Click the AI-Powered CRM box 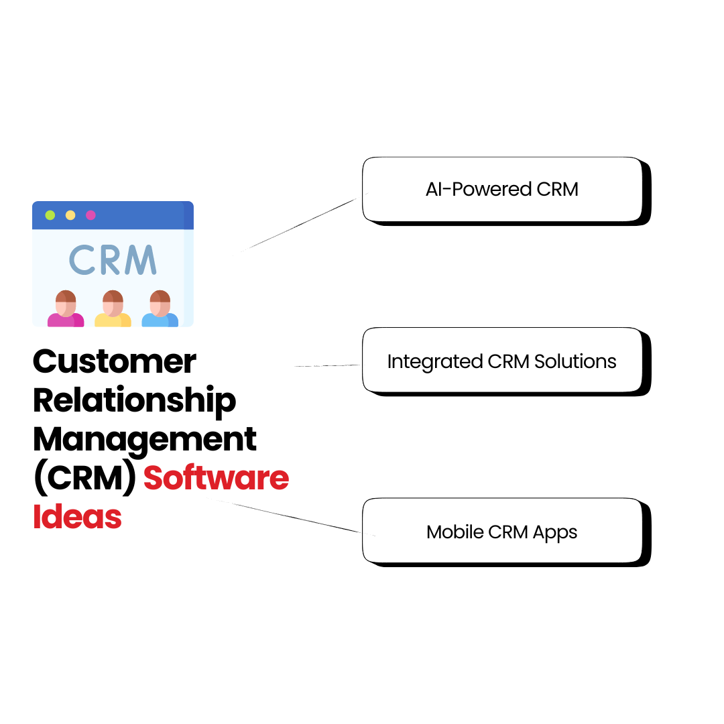[x=502, y=189]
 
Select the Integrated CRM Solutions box [x=502, y=361]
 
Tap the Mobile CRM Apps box [x=502, y=532]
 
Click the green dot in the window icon [x=50, y=215]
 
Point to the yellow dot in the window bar [x=70, y=215]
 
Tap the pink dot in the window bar [x=90, y=215]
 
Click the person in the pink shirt [x=65, y=309]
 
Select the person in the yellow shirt [x=113, y=309]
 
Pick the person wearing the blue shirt [x=160, y=309]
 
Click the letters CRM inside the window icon [x=112, y=260]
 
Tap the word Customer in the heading [x=115, y=362]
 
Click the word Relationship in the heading [x=134, y=401]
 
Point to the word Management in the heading [x=145, y=440]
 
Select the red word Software [x=216, y=478]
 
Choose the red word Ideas [x=77, y=517]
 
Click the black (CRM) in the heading [x=84, y=478]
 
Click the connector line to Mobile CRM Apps [x=288, y=517]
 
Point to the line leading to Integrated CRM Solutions [x=328, y=366]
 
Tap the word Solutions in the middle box [x=575, y=361]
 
